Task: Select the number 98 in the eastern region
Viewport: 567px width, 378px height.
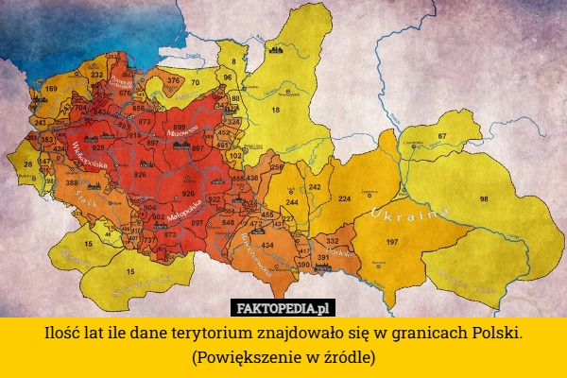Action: point(484,199)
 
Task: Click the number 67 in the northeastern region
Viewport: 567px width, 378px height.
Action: point(441,137)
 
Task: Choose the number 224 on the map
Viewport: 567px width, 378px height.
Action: point(345,199)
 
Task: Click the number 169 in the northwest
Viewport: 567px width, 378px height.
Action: point(51,90)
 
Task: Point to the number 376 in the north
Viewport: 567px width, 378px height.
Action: point(173,81)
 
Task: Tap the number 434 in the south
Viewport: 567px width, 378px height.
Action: point(267,245)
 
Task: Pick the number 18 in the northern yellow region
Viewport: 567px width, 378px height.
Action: point(276,110)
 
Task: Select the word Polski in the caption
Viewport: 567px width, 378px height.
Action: point(494,335)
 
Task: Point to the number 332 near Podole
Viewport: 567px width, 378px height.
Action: point(332,242)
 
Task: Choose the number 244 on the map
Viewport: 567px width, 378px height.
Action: point(292,202)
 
